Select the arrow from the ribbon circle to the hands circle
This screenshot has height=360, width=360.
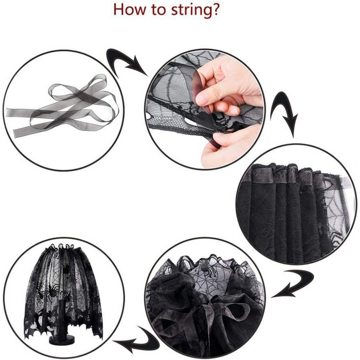click(x=125, y=61)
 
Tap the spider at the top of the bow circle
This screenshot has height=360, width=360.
click(x=205, y=266)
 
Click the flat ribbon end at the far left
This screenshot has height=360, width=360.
click(x=8, y=112)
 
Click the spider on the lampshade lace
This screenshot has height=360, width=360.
click(x=51, y=291)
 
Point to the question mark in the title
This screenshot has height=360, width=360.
click(x=215, y=9)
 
